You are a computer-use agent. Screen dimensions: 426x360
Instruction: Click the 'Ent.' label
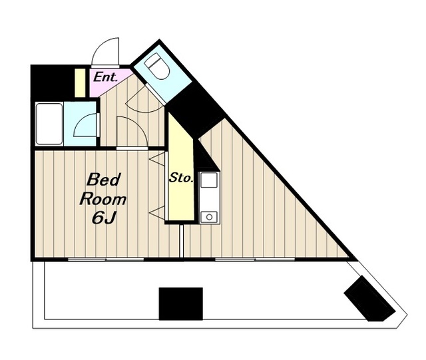click(x=105, y=77)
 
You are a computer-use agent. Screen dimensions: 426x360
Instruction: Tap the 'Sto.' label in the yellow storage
click(x=181, y=178)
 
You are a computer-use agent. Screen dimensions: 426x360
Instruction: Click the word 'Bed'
click(x=104, y=180)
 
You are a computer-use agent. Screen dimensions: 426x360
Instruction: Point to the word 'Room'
click(x=103, y=199)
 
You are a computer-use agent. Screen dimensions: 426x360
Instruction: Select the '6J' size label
click(x=104, y=218)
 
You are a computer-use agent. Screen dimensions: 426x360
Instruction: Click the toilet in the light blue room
click(x=157, y=66)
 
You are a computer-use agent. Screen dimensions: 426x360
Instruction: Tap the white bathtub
click(x=49, y=124)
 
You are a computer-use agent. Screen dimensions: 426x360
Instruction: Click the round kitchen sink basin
click(x=209, y=217)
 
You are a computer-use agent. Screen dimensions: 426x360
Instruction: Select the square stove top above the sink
click(x=209, y=180)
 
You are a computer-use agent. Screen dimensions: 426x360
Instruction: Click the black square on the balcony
click(x=180, y=303)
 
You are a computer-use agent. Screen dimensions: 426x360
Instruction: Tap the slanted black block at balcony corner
click(x=369, y=299)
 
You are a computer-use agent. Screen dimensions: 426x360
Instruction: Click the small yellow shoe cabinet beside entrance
click(x=80, y=83)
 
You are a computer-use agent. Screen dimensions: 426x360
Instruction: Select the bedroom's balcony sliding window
click(x=106, y=260)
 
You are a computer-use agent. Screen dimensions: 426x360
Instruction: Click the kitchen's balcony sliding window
click(x=255, y=260)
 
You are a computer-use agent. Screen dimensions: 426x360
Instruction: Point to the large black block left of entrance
click(x=53, y=83)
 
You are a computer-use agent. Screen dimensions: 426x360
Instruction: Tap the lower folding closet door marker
click(x=157, y=212)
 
